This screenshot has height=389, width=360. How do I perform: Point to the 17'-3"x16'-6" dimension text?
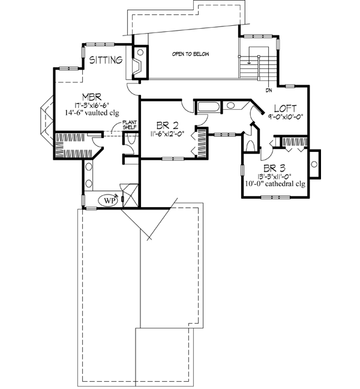(x=90, y=104)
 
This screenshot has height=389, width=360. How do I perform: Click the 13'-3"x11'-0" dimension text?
(x=274, y=176)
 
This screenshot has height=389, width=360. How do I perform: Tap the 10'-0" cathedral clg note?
(x=274, y=184)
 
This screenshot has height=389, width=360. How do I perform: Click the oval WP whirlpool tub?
(x=108, y=199)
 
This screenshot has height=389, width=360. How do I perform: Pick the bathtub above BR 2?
(x=209, y=108)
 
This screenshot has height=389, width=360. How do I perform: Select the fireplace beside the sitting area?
(x=137, y=64)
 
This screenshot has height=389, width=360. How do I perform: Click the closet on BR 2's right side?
(x=200, y=143)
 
